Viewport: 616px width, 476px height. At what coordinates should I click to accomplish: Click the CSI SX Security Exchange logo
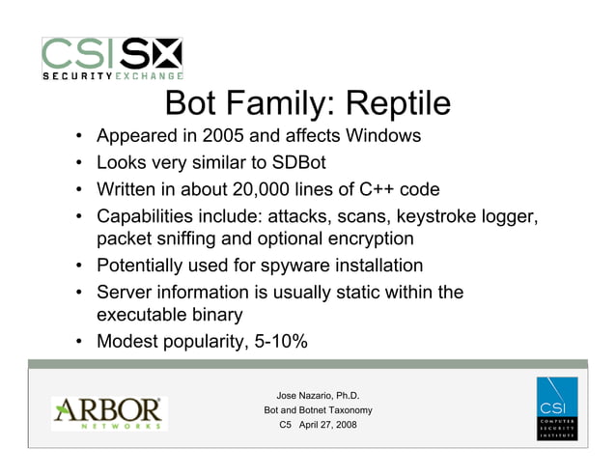111,58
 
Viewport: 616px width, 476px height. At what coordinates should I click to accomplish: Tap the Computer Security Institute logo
557,409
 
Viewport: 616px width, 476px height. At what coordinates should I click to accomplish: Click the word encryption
368,238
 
